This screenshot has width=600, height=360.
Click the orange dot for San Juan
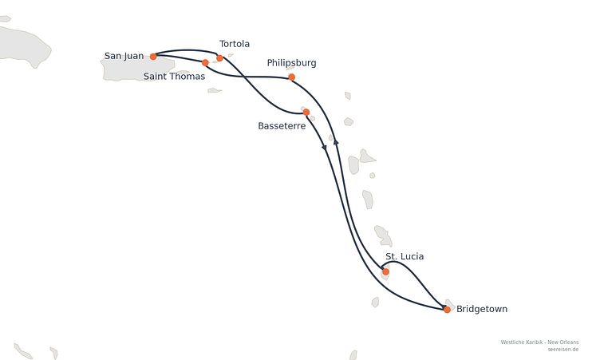tap(153, 57)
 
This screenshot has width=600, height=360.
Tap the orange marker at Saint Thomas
tap(205, 63)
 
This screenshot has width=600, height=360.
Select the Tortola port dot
tap(219, 58)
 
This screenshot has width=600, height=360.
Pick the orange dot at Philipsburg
tap(291, 77)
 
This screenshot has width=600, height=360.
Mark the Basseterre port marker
tap(306, 113)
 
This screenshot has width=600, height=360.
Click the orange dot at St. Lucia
tap(385, 271)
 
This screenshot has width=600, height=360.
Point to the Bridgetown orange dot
tap(447, 310)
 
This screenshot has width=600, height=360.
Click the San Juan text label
tap(124, 56)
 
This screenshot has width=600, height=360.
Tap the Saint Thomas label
tap(174, 77)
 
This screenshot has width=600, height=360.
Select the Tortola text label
tap(235, 44)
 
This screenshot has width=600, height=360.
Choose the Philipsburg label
tap(291, 63)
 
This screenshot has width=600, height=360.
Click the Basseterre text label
tap(282, 126)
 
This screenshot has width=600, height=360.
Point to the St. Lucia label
tap(405, 256)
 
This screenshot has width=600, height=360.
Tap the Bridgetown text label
tap(482, 309)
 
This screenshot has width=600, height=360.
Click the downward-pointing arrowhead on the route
tap(324, 148)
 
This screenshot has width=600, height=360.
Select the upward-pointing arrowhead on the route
tap(336, 142)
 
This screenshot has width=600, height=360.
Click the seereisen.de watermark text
tap(562, 350)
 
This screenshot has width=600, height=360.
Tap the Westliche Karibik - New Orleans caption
tap(539, 342)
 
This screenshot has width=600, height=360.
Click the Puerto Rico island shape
tap(138, 69)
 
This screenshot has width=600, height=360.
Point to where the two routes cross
tap(244, 77)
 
